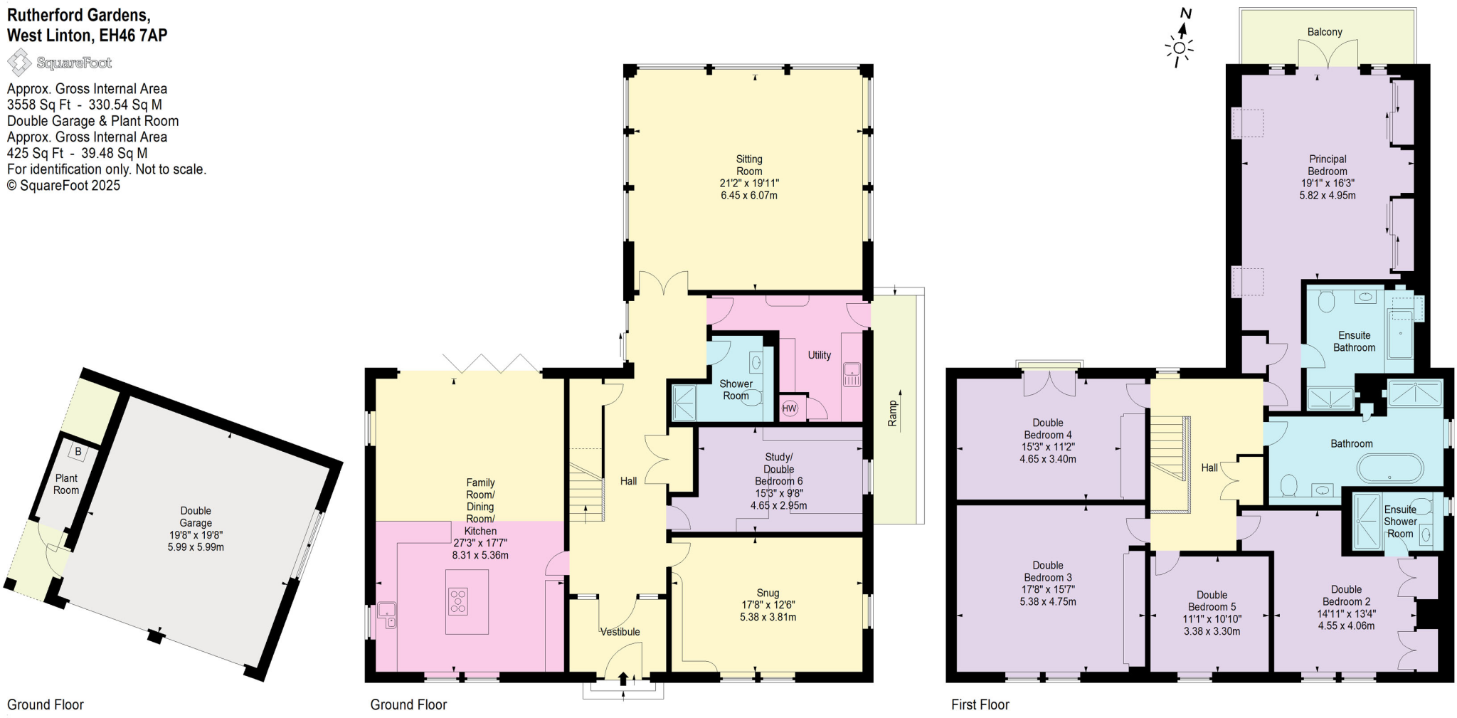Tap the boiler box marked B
[78, 451]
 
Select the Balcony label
[1325, 32]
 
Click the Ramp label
[893, 413]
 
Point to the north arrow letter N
[1185, 14]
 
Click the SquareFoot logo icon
[19, 63]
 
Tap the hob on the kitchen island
[458, 601]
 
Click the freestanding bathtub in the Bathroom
[1390, 470]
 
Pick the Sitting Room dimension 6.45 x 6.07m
[748, 195]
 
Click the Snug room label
[768, 593]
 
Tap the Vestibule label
[620, 632]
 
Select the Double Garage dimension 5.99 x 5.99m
[196, 547]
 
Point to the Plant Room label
[66, 484]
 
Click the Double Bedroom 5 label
[1212, 601]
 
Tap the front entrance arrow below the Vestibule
[623, 679]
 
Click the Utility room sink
[852, 375]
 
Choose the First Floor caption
[980, 704]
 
